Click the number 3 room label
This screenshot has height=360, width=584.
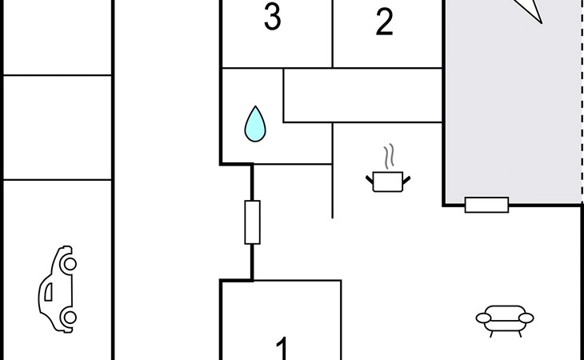click(x=273, y=18)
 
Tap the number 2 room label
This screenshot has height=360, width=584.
click(x=385, y=23)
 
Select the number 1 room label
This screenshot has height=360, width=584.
click(x=282, y=347)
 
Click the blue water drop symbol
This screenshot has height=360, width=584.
click(x=255, y=124)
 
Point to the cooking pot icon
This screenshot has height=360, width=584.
click(x=390, y=182)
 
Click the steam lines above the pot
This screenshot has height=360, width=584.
click(x=390, y=154)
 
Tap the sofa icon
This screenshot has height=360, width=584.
click(x=505, y=319)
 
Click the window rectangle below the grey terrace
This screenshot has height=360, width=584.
click(x=486, y=205)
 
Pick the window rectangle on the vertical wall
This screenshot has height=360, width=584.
click(x=252, y=222)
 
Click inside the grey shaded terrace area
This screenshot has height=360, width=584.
click(x=512, y=112)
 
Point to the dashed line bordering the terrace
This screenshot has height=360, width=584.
click(x=582, y=104)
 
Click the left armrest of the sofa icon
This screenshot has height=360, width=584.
click(x=482, y=319)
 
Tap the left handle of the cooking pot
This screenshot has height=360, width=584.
click(x=370, y=178)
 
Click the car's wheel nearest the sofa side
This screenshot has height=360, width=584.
click(x=70, y=318)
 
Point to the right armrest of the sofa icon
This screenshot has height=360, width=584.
click(x=527, y=319)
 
